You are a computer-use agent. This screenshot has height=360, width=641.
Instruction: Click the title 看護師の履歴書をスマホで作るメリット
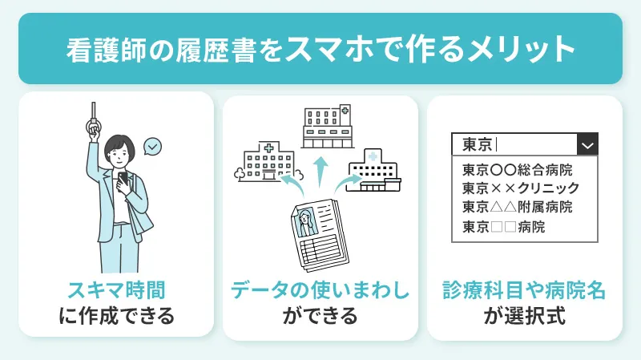[x=320, y=48]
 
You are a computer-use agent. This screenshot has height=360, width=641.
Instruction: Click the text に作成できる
[x=116, y=315]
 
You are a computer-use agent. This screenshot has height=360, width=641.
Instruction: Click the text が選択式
[x=524, y=315]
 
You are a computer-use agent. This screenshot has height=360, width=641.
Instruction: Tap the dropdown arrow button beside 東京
[x=587, y=145]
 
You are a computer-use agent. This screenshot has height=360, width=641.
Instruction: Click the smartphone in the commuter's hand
[x=123, y=179]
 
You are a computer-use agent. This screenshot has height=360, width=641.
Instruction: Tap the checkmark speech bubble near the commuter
[x=151, y=147]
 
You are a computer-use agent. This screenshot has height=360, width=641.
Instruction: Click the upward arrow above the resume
[x=320, y=172]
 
